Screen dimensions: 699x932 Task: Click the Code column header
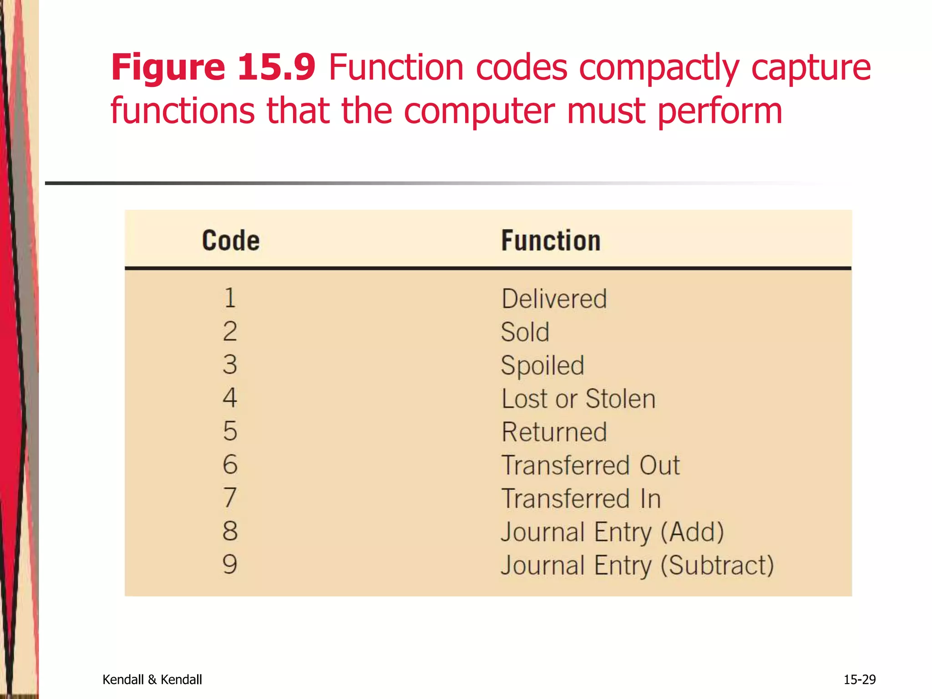pyautogui.click(x=231, y=240)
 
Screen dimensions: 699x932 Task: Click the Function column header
pyautogui.click(x=551, y=240)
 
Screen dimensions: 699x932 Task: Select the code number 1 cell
pyautogui.click(x=230, y=298)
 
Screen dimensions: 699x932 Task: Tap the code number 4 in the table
pyautogui.click(x=230, y=398)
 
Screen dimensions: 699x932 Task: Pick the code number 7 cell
pyautogui.click(x=230, y=497)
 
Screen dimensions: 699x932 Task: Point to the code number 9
pyautogui.click(x=230, y=564)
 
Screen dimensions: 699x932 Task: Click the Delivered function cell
pyautogui.click(x=554, y=299)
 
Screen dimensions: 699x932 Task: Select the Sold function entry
pyautogui.click(x=525, y=332)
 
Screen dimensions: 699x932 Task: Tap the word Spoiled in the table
pyautogui.click(x=542, y=365)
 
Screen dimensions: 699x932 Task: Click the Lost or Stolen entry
pyautogui.click(x=578, y=399)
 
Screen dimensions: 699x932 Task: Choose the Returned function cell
pyautogui.click(x=554, y=432)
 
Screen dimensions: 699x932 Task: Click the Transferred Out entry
pyautogui.click(x=590, y=465)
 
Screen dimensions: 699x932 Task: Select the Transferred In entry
pyautogui.click(x=581, y=498)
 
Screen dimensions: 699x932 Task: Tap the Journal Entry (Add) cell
pyautogui.click(x=612, y=532)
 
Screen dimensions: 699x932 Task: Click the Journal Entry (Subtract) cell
pyautogui.click(x=637, y=565)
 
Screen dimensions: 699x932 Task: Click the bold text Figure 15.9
pyautogui.click(x=213, y=67)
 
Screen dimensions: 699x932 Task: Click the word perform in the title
pyautogui.click(x=720, y=111)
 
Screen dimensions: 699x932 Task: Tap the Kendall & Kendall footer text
pyautogui.click(x=152, y=679)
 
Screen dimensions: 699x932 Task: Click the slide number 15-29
pyautogui.click(x=859, y=679)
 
